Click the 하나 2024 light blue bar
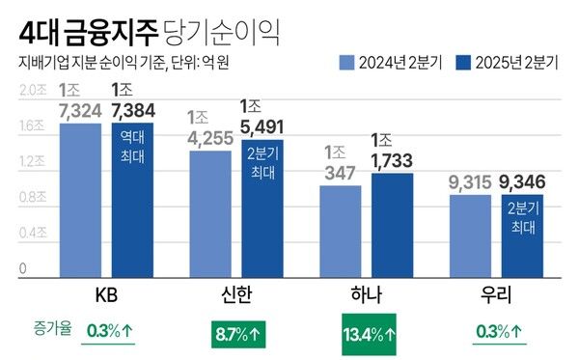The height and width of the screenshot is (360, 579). (340, 232)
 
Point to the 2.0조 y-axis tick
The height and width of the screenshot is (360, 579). (33, 90)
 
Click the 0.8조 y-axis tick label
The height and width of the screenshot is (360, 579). (33, 197)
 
